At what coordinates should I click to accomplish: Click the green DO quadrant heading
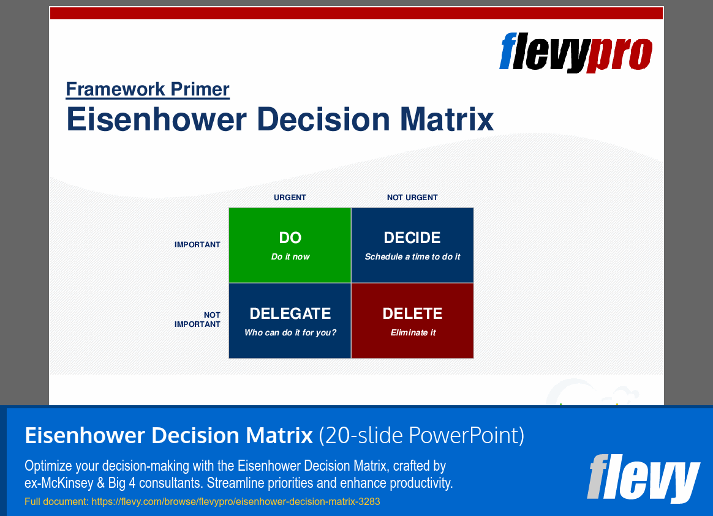290,238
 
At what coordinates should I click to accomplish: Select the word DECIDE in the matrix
412,238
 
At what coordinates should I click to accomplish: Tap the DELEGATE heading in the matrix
290,314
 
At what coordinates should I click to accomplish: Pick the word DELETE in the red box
412,314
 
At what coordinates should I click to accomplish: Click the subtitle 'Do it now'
290,257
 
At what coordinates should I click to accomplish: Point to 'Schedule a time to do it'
412,257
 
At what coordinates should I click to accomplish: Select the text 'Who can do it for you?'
290,333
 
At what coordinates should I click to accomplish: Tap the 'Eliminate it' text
413,333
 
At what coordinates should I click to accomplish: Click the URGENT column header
290,198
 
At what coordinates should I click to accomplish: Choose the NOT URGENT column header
412,198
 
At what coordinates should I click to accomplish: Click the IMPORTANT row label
197,245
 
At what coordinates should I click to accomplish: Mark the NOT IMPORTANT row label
198,320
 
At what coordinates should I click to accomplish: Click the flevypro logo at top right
576,52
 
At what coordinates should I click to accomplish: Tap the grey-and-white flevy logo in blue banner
643,477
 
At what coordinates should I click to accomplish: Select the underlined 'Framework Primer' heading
148,89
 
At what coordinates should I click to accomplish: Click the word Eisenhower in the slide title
156,119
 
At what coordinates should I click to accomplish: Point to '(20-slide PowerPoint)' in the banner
421,436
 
